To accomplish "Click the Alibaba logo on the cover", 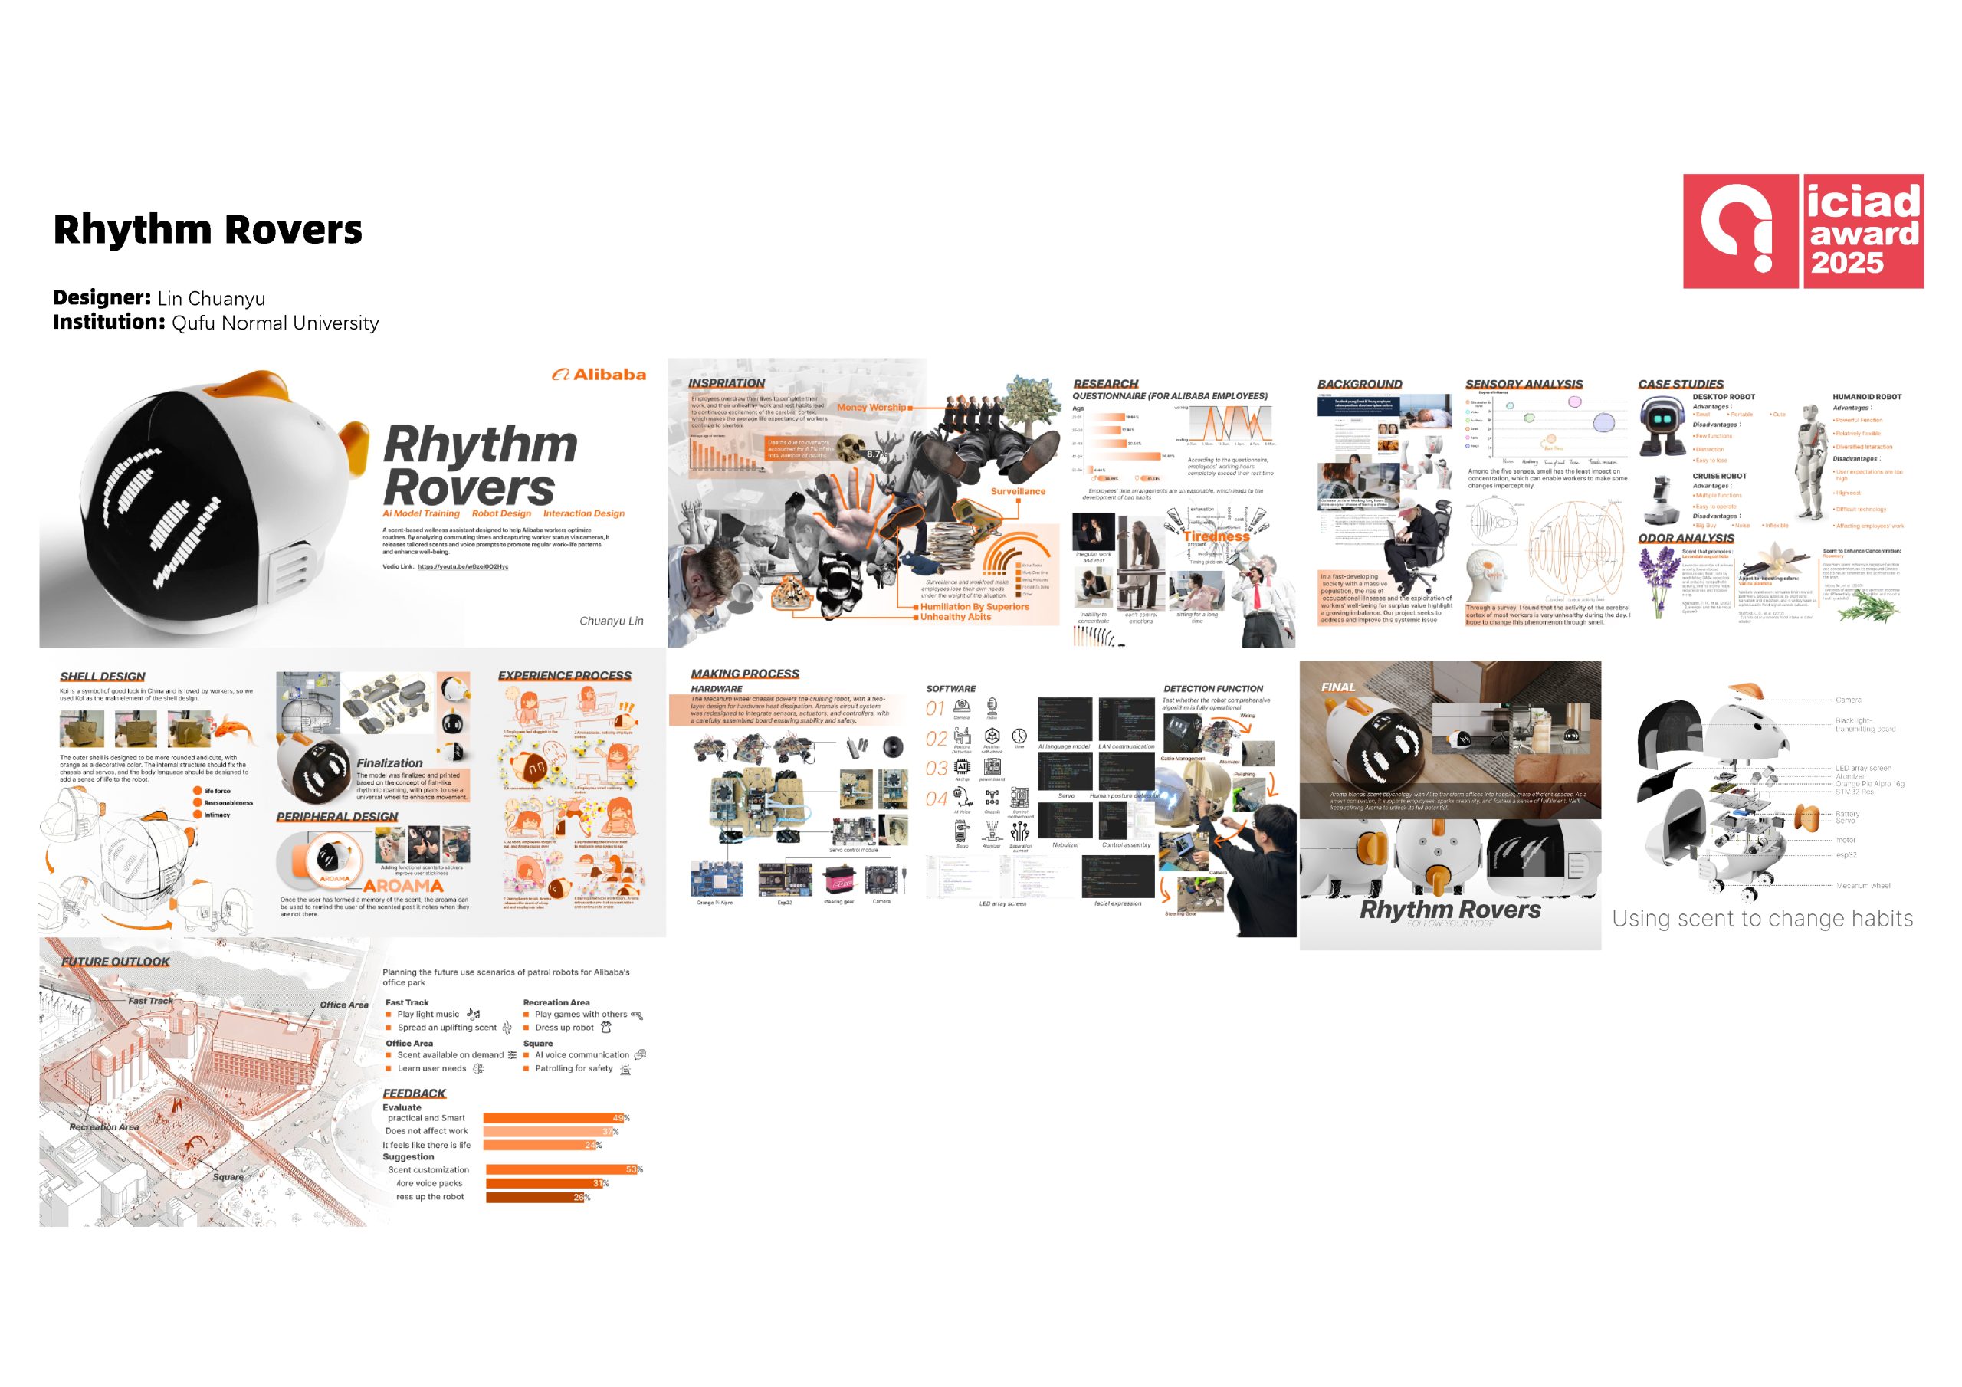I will (599, 374).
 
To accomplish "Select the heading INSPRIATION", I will (727, 383).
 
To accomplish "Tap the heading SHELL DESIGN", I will (103, 676).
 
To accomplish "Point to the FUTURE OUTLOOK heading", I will (116, 962).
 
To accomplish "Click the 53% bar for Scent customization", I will (563, 1169).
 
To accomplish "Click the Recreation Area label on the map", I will (104, 1127).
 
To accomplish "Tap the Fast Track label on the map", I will (150, 1001).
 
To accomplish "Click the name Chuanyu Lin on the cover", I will (611, 621).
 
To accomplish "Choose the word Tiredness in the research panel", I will (1216, 536).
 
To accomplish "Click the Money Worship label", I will (871, 408).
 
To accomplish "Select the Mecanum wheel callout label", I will (1863, 885).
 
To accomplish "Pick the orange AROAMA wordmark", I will (402, 886).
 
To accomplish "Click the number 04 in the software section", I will (936, 799).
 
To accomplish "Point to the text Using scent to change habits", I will (1762, 919).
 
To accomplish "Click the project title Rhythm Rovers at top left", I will (208, 230).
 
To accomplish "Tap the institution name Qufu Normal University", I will (275, 323).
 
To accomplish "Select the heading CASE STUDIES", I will (1680, 384).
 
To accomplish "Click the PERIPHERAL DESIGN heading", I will (336, 816).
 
